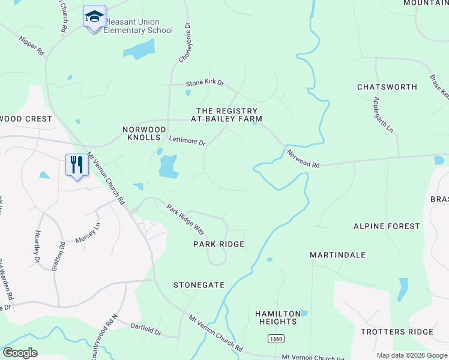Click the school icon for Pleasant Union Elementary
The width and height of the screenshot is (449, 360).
tap(94, 16)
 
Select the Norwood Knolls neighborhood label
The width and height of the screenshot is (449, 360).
tap(144, 134)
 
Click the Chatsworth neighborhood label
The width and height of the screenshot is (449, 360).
tap(387, 87)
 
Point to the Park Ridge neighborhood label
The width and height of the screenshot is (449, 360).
tap(218, 244)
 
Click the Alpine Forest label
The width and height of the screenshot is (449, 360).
tap(386, 226)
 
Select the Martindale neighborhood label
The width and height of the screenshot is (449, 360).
tap(337, 255)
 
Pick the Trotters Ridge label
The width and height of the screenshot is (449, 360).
tap(397, 332)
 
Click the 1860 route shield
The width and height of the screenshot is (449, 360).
tap(276, 338)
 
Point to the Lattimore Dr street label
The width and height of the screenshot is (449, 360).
tap(187, 142)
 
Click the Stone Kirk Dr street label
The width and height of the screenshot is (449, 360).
tap(204, 83)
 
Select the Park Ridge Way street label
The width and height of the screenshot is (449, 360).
tap(186, 220)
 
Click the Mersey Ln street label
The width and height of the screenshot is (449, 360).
tap(88, 233)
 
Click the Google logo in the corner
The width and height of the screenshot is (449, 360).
tap(20, 353)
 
